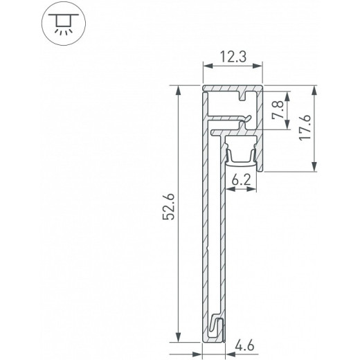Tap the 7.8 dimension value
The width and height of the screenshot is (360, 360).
coord(278,110)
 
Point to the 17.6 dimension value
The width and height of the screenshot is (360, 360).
coord(305,128)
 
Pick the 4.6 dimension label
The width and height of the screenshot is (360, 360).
coord(244,343)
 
